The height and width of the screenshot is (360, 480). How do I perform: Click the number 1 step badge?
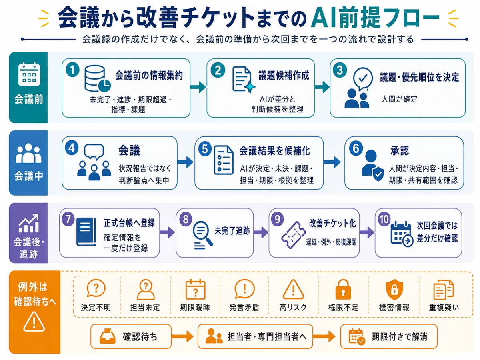(72, 70)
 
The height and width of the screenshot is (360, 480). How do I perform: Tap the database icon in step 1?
(97, 78)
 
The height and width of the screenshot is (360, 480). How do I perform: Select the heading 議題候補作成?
(284, 76)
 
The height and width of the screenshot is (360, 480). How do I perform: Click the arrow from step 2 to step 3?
(322, 87)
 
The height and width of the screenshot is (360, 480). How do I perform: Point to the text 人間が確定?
(399, 99)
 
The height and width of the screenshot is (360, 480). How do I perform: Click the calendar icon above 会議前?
(29, 74)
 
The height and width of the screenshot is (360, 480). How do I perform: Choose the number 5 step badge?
(205, 149)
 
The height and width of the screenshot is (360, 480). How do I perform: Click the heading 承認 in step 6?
(400, 151)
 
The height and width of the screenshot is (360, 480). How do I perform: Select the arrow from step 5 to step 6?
(332, 162)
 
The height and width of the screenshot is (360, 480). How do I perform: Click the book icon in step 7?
(86, 232)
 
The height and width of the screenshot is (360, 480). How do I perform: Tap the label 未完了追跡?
(232, 231)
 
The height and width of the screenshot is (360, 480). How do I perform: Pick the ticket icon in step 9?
(293, 235)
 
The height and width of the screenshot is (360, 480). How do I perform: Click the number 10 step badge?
(384, 219)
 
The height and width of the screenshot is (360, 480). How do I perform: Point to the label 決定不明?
(96, 307)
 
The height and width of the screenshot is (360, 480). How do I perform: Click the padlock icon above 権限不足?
(343, 289)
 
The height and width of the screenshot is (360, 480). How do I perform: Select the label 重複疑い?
(444, 307)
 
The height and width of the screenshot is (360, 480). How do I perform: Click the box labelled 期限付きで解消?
(388, 336)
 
